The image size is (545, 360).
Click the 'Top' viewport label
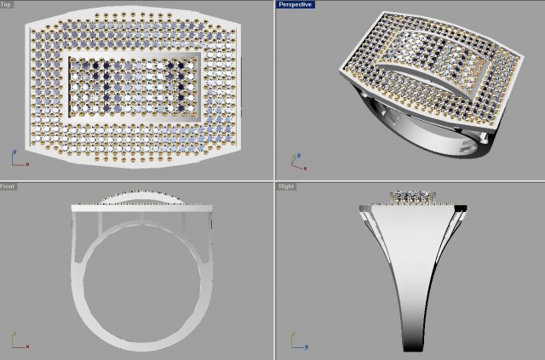coord(7,4)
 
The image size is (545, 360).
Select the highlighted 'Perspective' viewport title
coord(295,4)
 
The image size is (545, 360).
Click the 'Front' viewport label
coord(8,186)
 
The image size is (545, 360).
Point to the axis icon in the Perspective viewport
coord(295,158)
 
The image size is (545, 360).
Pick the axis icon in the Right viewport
coord(295,341)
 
